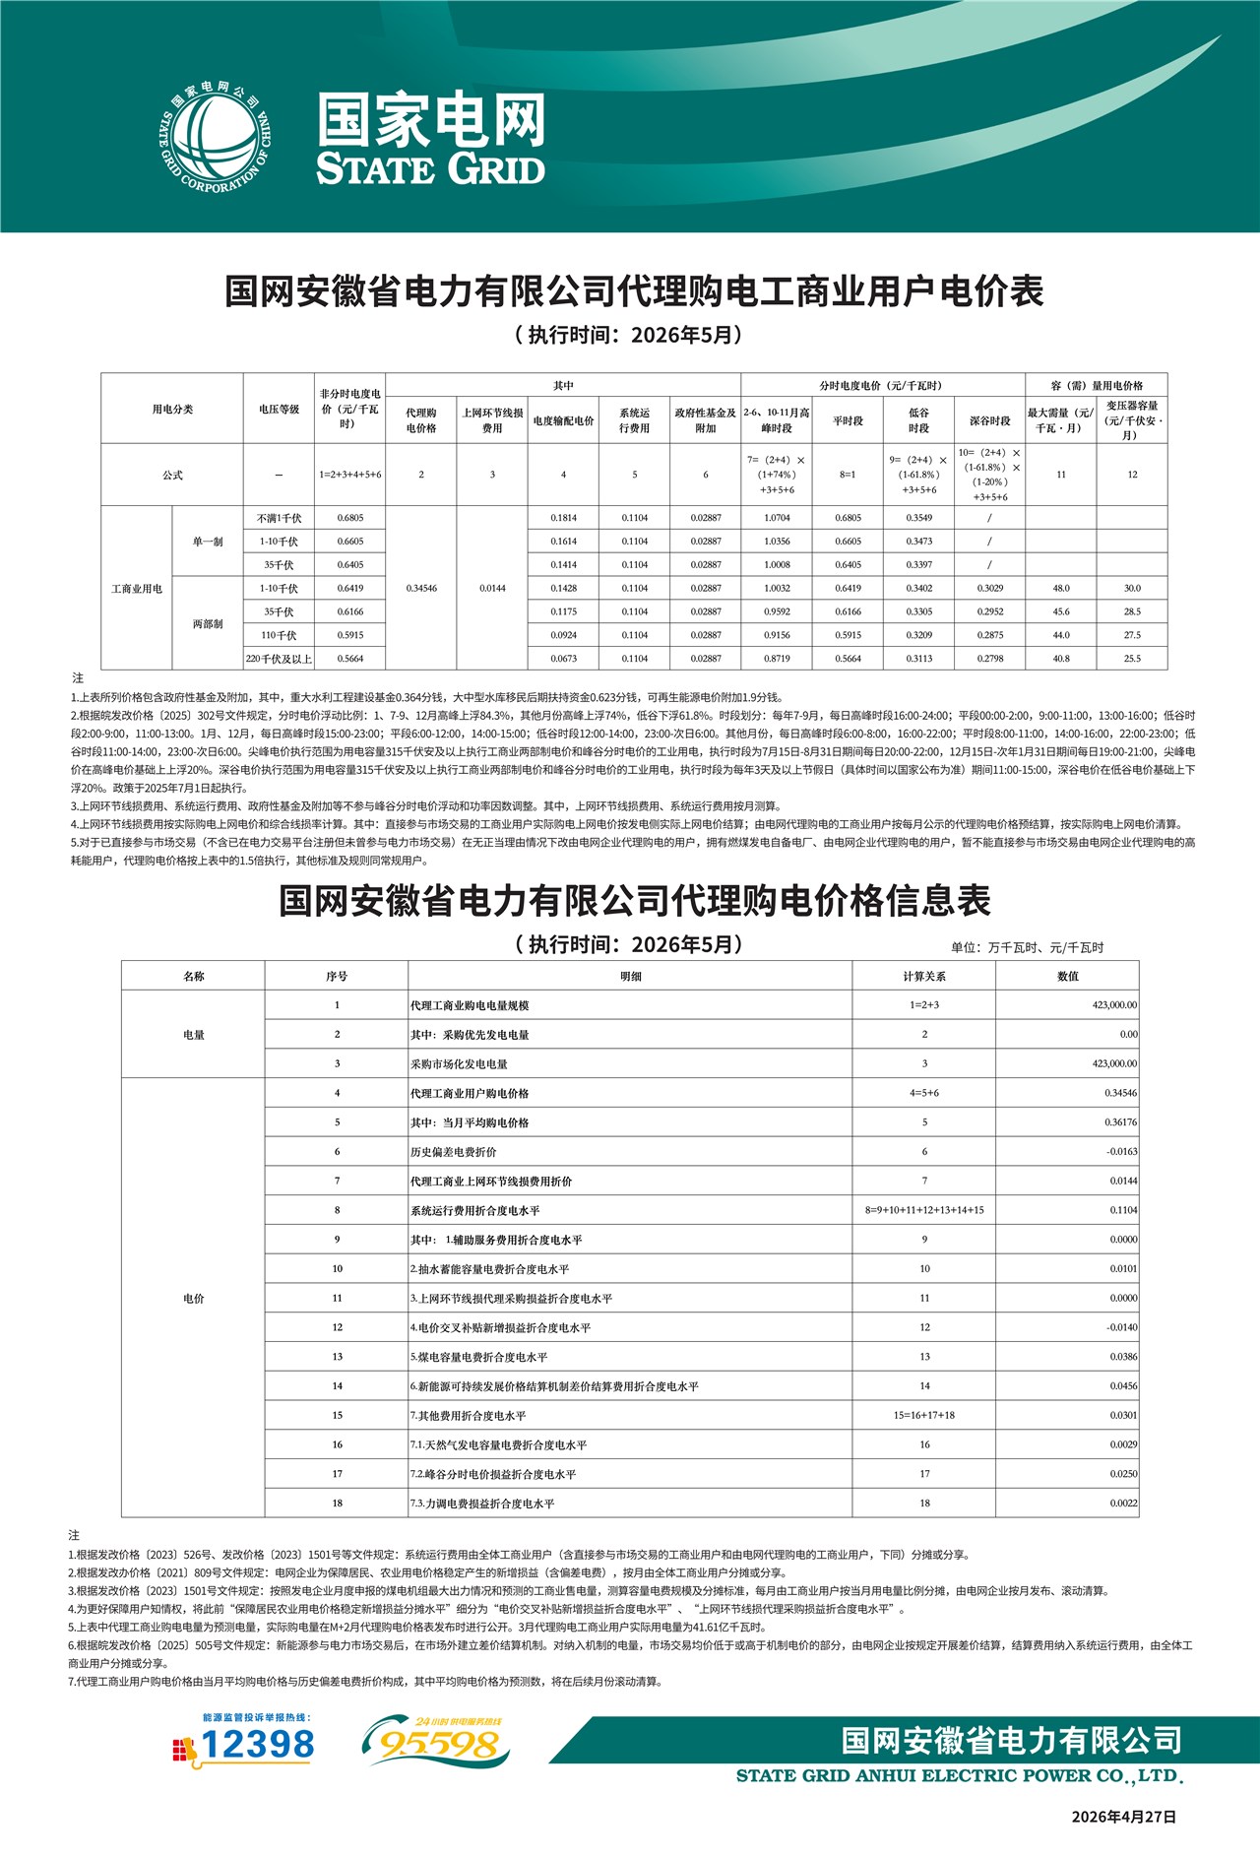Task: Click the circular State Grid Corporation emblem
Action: [x=215, y=139]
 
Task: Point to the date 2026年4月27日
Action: [x=1123, y=1818]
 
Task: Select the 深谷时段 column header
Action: [x=989, y=420]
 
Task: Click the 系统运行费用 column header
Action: [x=634, y=420]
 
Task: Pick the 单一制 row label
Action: [x=208, y=542]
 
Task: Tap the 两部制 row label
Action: [x=208, y=624]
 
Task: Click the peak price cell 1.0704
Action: [x=777, y=518]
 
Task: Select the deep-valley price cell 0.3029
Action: [x=989, y=589]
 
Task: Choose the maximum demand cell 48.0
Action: [x=1060, y=589]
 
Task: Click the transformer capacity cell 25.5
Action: [x=1132, y=659]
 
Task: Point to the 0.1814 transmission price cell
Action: [x=563, y=518]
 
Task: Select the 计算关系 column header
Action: [x=923, y=977]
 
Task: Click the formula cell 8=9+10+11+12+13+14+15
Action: [x=923, y=1210]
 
